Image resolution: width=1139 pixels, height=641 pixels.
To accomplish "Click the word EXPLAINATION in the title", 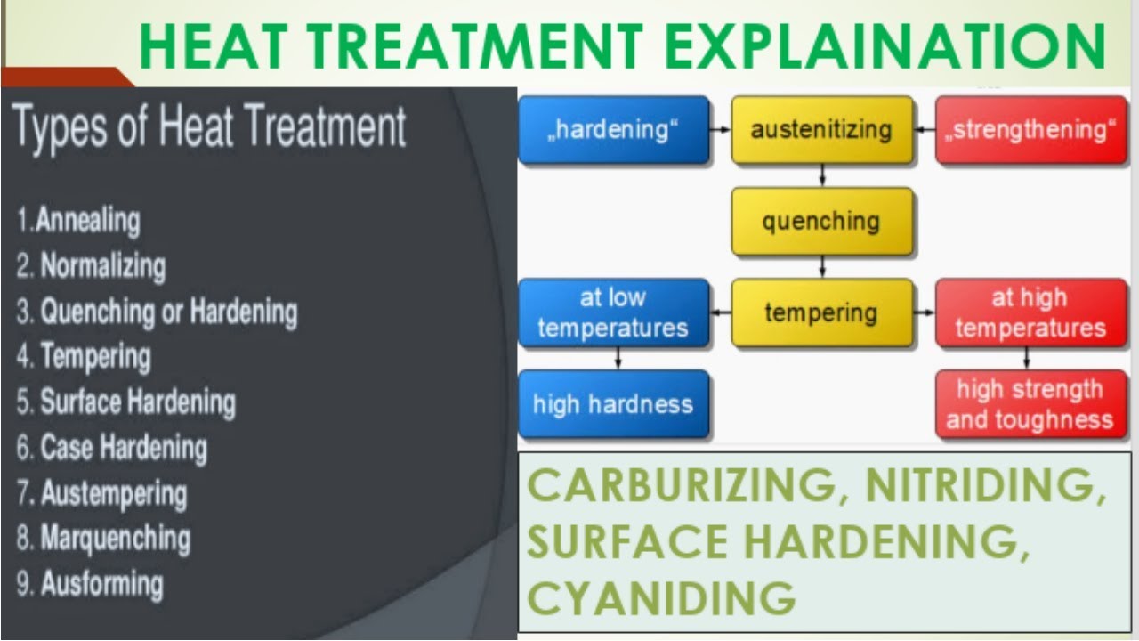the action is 885,46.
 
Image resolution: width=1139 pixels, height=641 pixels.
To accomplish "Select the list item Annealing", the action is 87,220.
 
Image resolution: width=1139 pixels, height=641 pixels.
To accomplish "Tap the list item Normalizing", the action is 102,265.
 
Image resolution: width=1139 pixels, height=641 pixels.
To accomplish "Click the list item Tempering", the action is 95,357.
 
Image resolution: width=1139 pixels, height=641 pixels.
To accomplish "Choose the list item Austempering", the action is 113,493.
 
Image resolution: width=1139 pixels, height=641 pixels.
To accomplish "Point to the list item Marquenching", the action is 115,539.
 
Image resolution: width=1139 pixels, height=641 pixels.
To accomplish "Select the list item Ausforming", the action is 101,585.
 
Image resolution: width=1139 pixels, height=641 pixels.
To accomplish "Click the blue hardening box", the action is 613,130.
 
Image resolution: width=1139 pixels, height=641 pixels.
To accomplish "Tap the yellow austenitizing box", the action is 821,130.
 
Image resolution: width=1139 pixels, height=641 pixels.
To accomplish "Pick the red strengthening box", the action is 1030,130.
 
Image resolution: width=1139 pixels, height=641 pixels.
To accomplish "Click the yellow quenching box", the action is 821,222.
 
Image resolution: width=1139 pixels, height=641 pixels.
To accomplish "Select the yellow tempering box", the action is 821,312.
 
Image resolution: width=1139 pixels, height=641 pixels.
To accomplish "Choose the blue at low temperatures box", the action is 613,312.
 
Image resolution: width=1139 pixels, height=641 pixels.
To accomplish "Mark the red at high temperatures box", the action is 1030,312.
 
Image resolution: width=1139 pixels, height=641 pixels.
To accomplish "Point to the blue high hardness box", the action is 613,404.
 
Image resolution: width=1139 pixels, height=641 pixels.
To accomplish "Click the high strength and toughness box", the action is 1030,404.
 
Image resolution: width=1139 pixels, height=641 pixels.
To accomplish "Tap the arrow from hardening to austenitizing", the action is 720,130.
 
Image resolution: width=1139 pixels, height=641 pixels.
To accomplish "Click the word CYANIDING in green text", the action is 661,597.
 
